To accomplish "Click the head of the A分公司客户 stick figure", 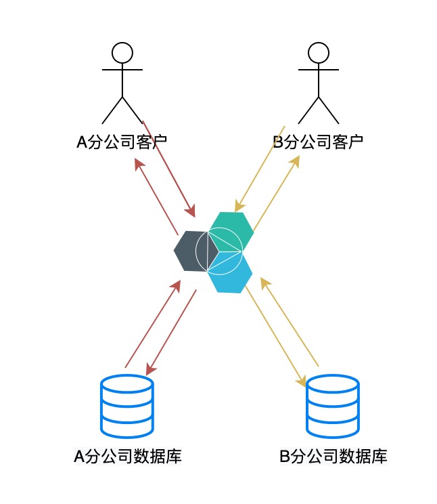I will pyautogui.click(x=122, y=52).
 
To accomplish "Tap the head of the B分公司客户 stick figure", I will pyautogui.click(x=318, y=52).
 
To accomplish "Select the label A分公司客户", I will pyautogui.click(x=122, y=142).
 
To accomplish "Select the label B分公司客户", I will pyautogui.click(x=318, y=142).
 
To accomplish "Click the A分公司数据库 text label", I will pyautogui.click(x=127, y=456).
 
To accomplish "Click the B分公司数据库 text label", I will pyautogui.click(x=333, y=456).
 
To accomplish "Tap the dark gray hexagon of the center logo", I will pyautogui.click(x=185, y=251).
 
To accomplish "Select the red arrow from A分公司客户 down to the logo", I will pyautogui.click(x=169, y=166).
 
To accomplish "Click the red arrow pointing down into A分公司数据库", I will pyautogui.click(x=171, y=333).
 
